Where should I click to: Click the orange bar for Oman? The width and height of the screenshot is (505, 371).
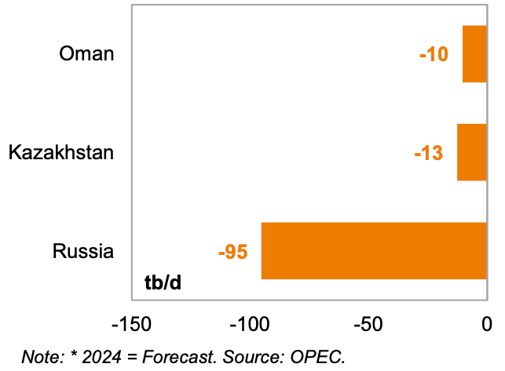pos(474,54)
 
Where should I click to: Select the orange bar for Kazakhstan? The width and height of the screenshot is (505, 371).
pos(472,152)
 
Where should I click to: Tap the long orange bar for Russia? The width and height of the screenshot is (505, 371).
pos(374,251)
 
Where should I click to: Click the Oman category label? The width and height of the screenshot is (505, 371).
pos(87,54)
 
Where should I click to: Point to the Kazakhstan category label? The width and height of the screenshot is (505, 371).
pos(61,152)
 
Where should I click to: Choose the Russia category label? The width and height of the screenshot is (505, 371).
pos(83,251)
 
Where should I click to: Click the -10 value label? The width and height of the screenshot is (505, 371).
pos(434,55)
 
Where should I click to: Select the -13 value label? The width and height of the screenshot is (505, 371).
pos(429,153)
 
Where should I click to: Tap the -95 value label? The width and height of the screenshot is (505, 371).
pos(233,252)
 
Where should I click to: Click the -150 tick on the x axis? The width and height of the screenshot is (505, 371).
pos(131,323)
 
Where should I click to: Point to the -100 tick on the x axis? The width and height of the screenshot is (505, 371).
pos(250,323)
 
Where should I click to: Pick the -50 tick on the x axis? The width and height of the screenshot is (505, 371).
pos(369,323)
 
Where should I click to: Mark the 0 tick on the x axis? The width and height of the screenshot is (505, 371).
pos(487,323)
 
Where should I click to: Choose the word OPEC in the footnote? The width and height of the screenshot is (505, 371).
pos(320,356)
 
